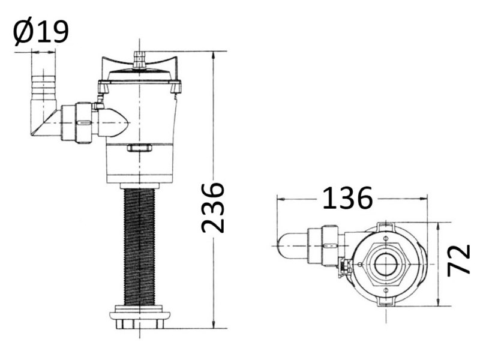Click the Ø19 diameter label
pos(41,32)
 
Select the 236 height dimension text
pos(213,208)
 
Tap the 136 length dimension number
pos(347,199)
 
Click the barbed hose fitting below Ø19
pos(44,86)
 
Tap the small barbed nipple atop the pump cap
pos(140,59)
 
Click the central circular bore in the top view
pos(385,264)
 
